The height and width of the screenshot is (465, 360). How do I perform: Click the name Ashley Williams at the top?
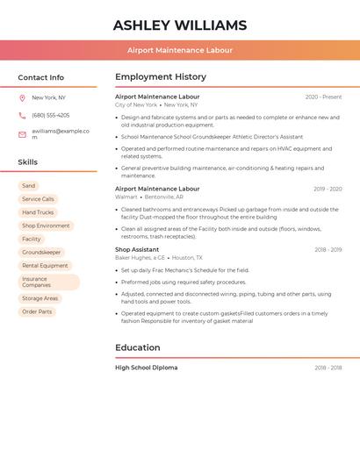coord(180,25)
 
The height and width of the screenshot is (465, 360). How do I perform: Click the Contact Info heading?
coord(41,77)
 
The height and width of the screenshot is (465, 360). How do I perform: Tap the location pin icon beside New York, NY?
coord(22,97)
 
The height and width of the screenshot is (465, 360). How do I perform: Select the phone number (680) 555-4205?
coord(50,115)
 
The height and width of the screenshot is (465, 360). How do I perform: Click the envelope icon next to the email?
coord(22,134)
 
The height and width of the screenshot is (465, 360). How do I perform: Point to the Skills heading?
coord(28,162)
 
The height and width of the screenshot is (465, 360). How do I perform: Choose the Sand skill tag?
coord(29,186)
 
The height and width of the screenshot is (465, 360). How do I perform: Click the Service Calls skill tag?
coord(38,199)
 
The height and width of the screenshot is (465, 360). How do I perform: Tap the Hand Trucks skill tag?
coord(38,212)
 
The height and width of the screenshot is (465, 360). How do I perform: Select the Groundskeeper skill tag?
coord(41,252)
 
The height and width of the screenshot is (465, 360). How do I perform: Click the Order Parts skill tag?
coord(37,311)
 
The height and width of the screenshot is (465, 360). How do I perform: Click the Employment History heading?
coord(161,77)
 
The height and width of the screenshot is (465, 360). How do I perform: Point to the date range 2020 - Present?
coord(323,97)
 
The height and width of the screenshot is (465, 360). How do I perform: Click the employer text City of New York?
coord(136,104)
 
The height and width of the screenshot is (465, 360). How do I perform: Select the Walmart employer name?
coord(126,197)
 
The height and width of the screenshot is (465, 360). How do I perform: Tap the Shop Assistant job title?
coord(137,249)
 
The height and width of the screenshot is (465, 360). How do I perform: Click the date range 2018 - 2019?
coord(328,250)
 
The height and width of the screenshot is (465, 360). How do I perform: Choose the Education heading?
coord(138,347)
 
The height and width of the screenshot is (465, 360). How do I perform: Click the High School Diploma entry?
coord(147,368)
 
